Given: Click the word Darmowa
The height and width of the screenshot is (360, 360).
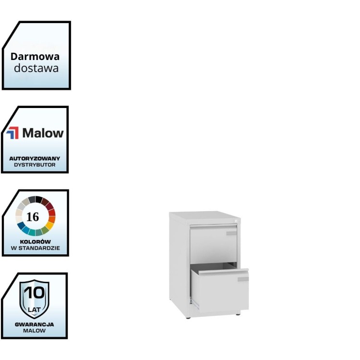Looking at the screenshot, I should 36,56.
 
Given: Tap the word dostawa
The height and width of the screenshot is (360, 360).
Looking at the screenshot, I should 36,68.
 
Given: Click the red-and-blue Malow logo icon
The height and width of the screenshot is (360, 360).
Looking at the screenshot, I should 12,133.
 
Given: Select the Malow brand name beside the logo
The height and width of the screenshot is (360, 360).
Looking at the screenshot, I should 43,133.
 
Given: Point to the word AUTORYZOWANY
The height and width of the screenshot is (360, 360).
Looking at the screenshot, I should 35,158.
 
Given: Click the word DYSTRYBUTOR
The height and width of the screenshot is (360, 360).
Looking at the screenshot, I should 35,164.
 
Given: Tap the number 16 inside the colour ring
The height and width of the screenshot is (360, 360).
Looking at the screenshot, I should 33,216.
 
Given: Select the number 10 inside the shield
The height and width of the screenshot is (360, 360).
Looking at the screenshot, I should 34,292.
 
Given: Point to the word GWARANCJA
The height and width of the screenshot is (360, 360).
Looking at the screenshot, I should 34,324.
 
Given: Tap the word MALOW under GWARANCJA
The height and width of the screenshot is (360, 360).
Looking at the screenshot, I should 34,330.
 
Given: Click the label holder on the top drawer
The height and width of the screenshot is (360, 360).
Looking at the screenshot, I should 231,233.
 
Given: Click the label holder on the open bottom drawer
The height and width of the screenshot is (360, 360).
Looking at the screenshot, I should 243,279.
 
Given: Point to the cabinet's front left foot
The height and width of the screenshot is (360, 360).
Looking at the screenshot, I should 188,318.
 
